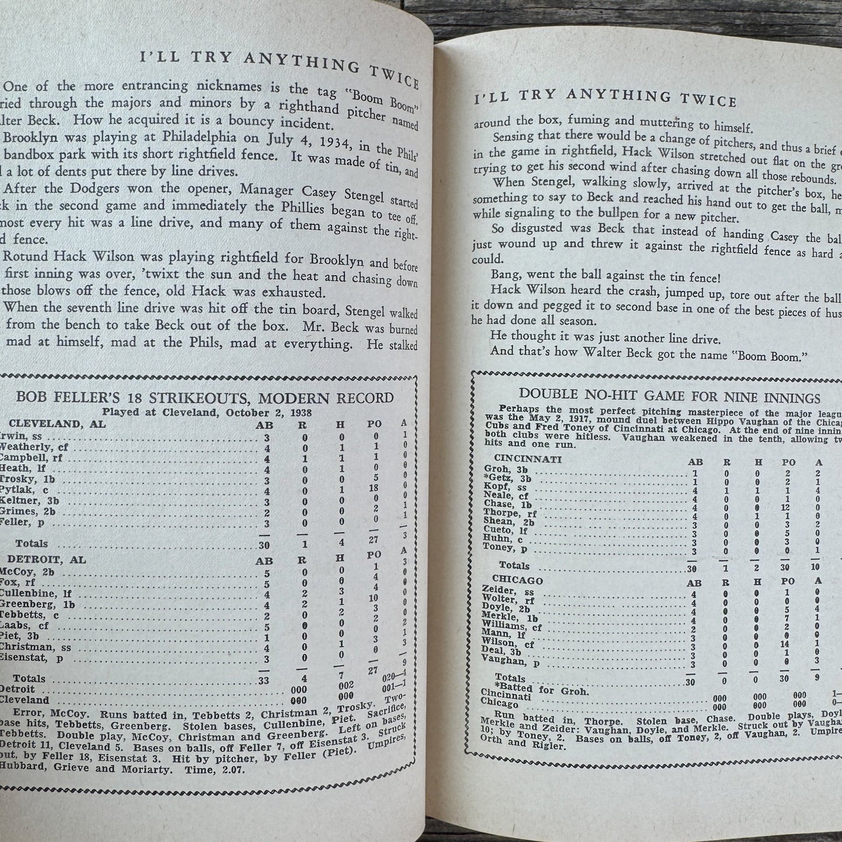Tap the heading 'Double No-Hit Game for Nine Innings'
[x=670, y=397]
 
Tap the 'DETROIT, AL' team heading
[x=47, y=559]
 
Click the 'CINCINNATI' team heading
[x=527, y=459]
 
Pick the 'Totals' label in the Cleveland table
[x=31, y=543]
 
